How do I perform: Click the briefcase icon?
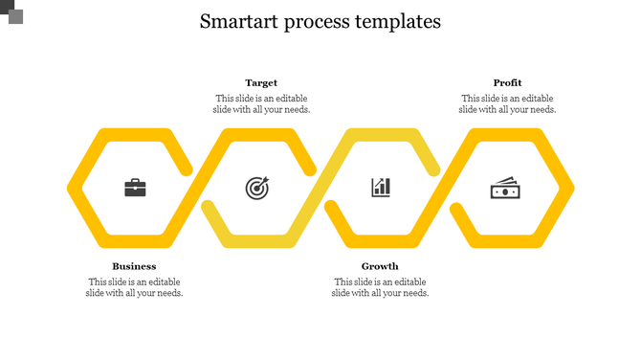pyautogui.click(x=136, y=188)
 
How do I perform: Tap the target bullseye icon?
pyautogui.click(x=257, y=188)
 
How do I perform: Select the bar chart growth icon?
pyautogui.click(x=381, y=187)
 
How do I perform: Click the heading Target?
pyautogui.click(x=261, y=83)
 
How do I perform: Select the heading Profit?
pyautogui.click(x=507, y=83)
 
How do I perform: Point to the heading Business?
pyautogui.click(x=134, y=266)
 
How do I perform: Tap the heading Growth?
pyautogui.click(x=380, y=266)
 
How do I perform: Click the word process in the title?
pyautogui.click(x=320, y=22)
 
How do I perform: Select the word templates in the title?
pyautogui.click(x=400, y=22)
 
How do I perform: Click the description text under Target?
pyautogui.click(x=261, y=103)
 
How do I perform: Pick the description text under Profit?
pyautogui.click(x=507, y=103)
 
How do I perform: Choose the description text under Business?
pyautogui.click(x=135, y=287)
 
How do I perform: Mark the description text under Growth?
pyautogui.click(x=380, y=287)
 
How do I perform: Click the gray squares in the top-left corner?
pyautogui.click(x=11, y=11)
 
